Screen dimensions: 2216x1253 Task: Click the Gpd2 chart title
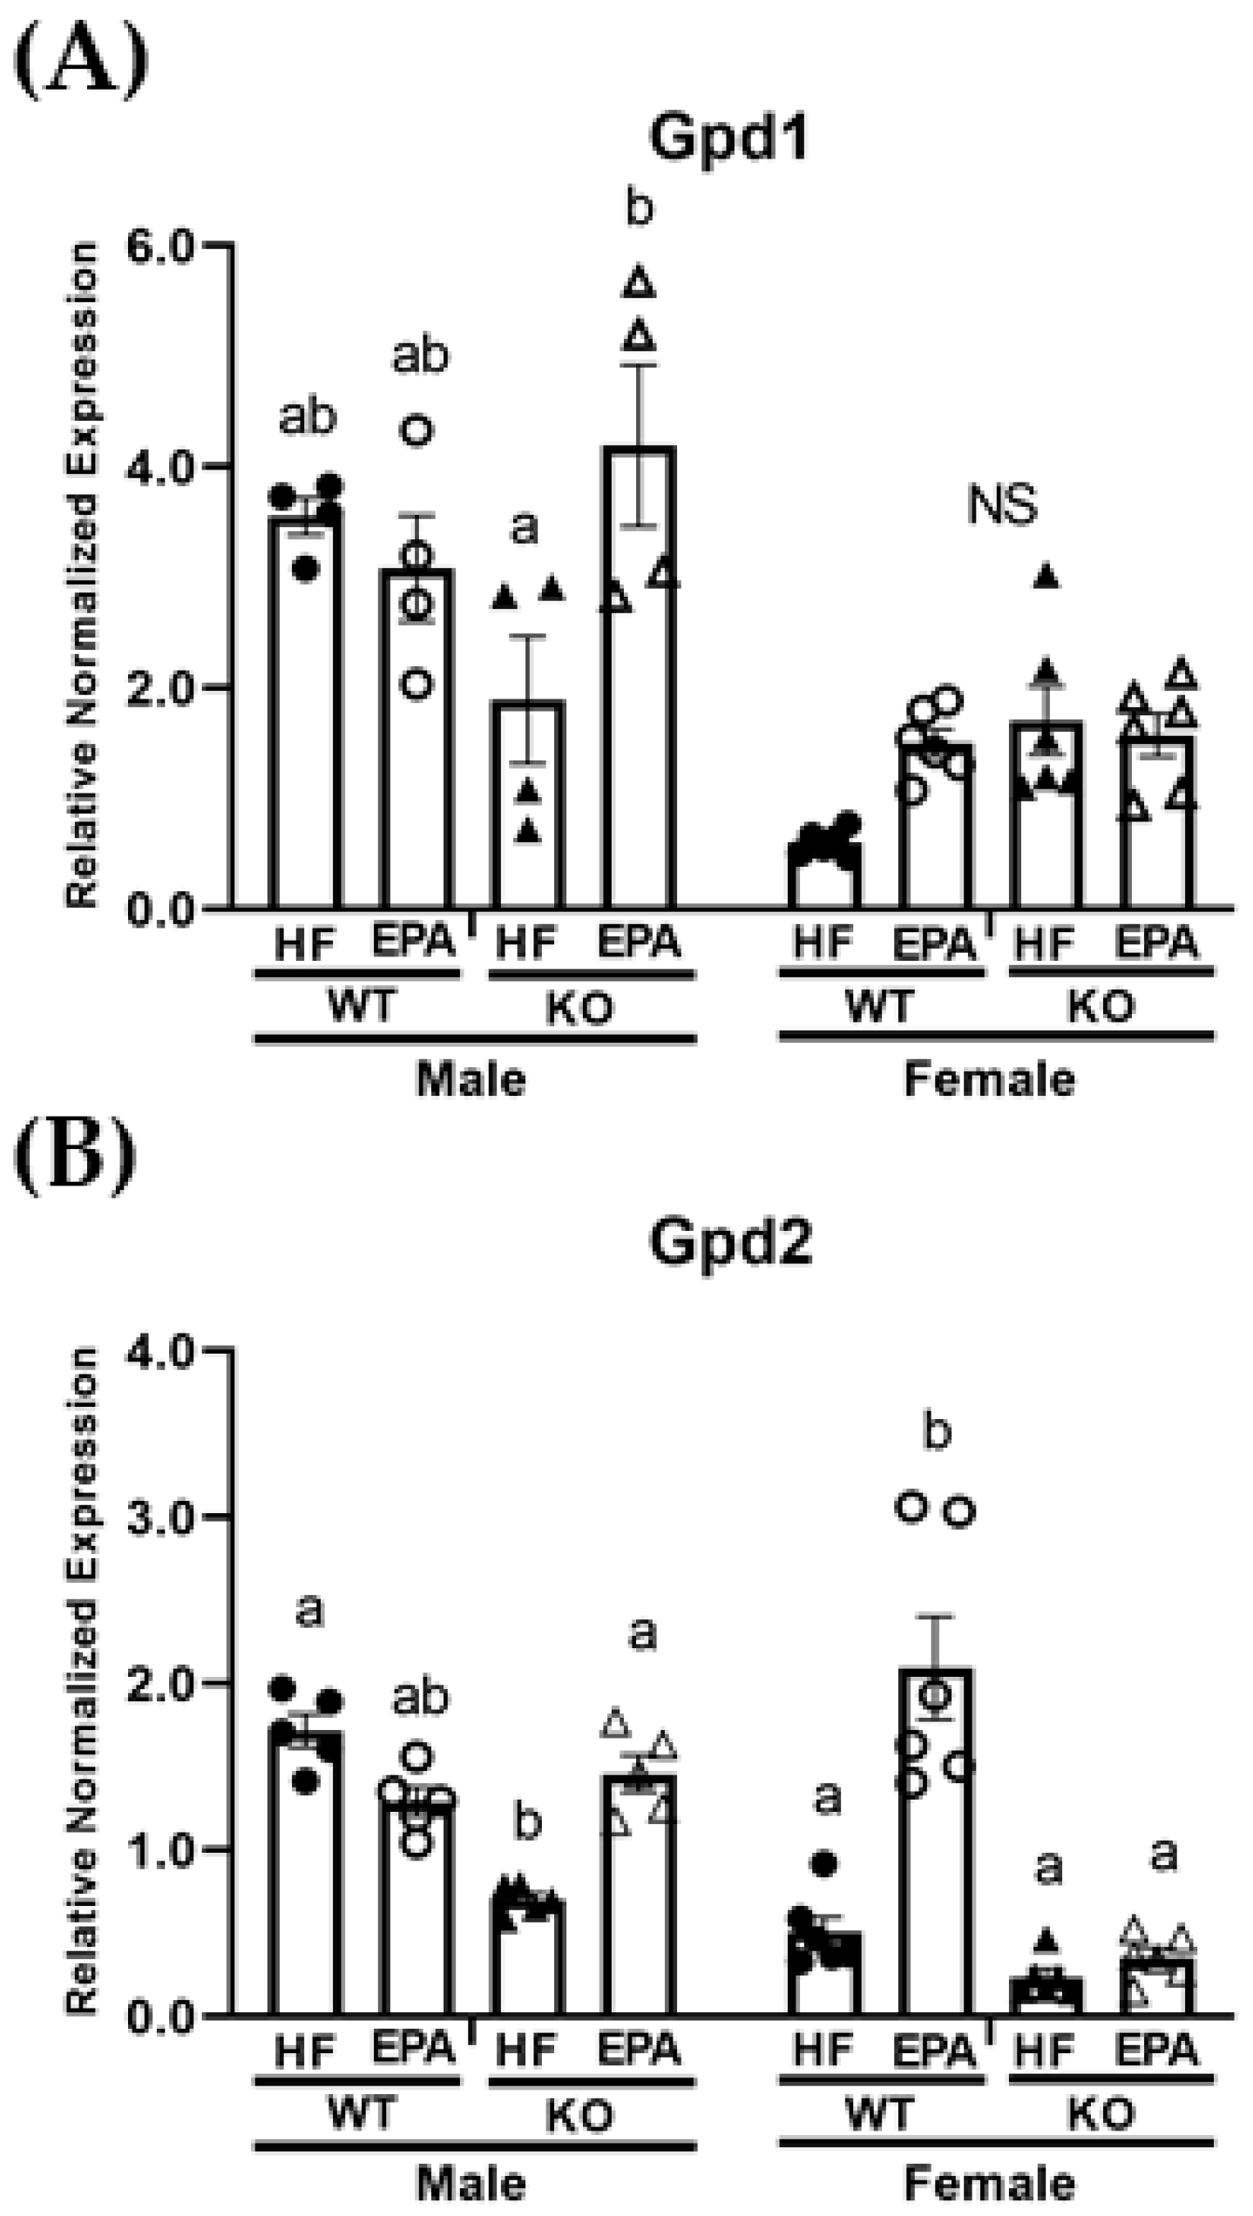730,1244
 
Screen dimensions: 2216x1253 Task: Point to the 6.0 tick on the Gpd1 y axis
175,246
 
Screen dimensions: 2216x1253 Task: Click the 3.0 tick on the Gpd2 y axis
175,1517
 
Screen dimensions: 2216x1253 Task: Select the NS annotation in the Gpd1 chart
1003,506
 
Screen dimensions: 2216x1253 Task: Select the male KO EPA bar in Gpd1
640,679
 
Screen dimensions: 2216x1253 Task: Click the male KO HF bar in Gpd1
528,806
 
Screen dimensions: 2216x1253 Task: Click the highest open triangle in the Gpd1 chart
640,282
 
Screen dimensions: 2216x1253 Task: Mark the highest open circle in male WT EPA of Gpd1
417,429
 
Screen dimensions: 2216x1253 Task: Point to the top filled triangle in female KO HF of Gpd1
1047,575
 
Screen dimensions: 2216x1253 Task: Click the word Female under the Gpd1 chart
990,1081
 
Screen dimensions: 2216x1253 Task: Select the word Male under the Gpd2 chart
471,2186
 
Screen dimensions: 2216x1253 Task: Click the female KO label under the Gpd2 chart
1101,2115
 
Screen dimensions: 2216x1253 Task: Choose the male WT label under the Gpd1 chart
362,1008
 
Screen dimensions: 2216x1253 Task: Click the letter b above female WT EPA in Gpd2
937,1432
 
